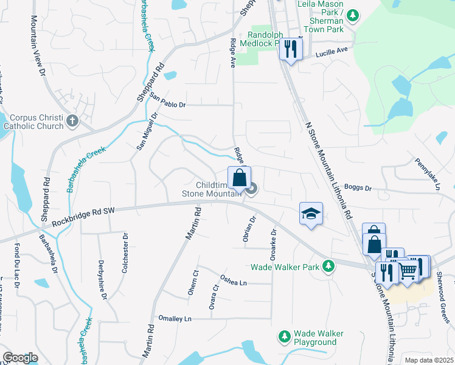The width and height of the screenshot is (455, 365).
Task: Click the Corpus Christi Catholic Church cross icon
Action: (72, 120)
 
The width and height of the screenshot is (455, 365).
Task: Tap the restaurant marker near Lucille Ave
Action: (291, 48)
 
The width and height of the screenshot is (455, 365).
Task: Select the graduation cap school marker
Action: (310, 214)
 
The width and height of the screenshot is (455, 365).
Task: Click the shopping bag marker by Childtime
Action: (239, 178)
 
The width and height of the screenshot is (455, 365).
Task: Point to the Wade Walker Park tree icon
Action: (328, 266)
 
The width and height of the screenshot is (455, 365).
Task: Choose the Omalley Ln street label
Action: (175, 319)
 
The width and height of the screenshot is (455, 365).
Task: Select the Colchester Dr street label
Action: (125, 253)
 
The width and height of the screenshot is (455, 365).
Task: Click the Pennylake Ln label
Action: (427, 174)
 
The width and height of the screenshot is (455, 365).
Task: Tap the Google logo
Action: (20, 358)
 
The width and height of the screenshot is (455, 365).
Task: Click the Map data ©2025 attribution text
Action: (428, 360)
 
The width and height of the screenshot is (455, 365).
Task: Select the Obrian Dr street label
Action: (248, 228)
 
